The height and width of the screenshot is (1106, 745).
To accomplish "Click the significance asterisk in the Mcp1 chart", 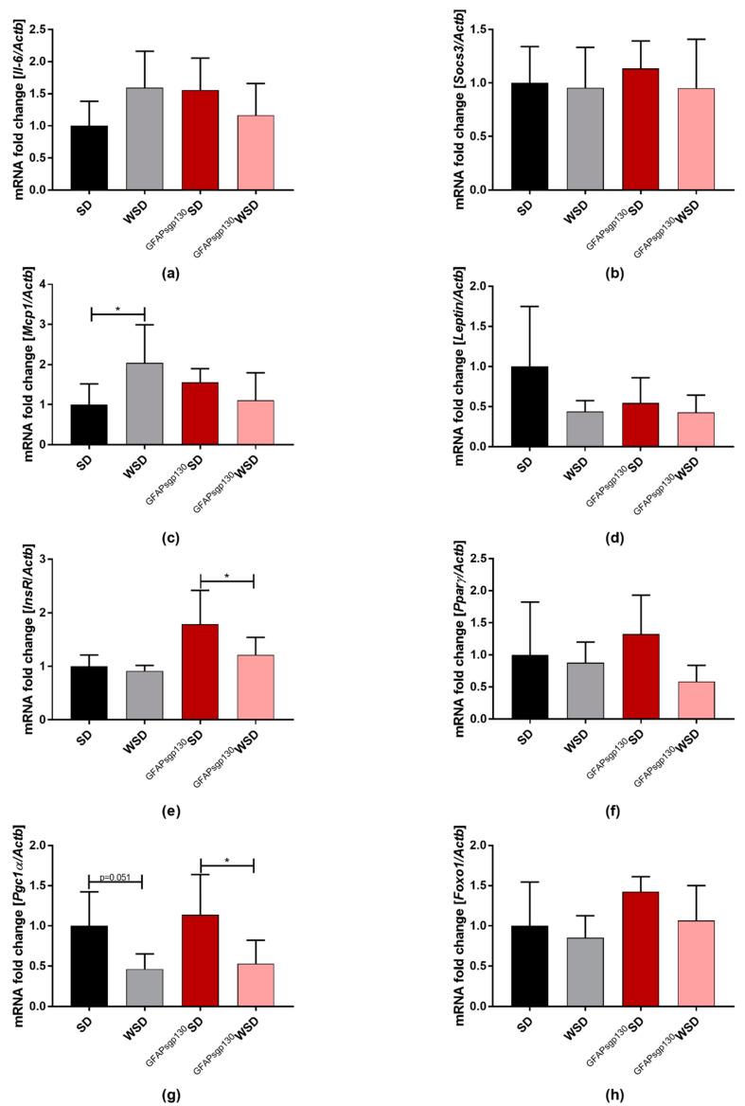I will tap(117, 309).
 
